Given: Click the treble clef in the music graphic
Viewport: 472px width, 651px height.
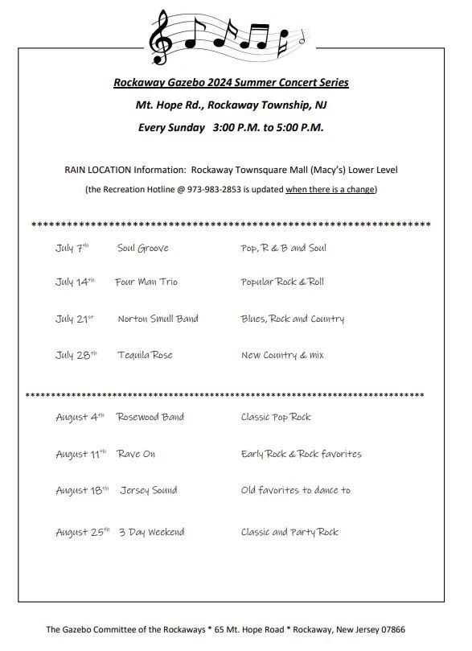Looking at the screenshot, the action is pyautogui.click(x=163, y=36).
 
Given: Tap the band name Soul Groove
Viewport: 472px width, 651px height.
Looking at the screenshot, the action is pyautogui.click(x=143, y=248).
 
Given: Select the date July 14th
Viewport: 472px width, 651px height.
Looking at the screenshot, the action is pyautogui.click(x=75, y=282).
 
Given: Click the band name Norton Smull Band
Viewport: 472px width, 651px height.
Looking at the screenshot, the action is pyautogui.click(x=158, y=319).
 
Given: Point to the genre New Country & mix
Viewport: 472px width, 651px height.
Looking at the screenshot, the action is pyautogui.click(x=282, y=355).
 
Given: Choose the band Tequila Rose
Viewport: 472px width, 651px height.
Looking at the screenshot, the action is pyautogui.click(x=145, y=355).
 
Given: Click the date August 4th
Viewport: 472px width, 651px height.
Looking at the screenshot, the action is pyautogui.click(x=80, y=417).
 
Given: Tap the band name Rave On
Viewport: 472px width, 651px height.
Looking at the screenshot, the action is pyautogui.click(x=136, y=454).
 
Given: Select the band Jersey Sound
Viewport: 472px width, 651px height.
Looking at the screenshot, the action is pyautogui.click(x=149, y=490).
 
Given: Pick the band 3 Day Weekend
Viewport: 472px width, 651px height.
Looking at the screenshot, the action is pyautogui.click(x=151, y=532).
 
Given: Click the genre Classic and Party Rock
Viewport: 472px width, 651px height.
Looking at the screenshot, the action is pyautogui.click(x=289, y=532).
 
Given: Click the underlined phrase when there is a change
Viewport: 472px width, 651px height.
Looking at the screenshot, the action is pyautogui.click(x=330, y=189).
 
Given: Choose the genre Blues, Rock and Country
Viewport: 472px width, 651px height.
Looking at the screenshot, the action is pyautogui.click(x=292, y=319).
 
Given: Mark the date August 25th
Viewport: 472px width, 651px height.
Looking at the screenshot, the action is pyautogui.click(x=82, y=532).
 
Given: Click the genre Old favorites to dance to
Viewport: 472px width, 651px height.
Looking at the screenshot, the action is pyautogui.click(x=295, y=490).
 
